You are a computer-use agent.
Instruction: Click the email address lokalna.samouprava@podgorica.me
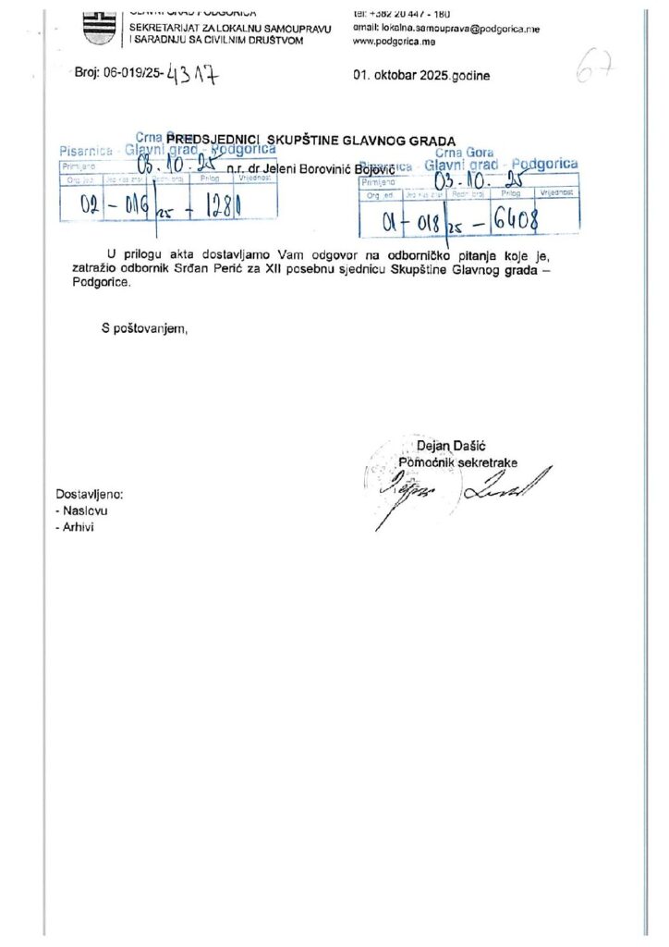pos(446,30)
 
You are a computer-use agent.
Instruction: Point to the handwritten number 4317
pos(195,76)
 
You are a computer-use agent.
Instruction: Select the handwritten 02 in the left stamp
pos(91,205)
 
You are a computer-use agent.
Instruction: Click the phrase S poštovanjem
pos(144,326)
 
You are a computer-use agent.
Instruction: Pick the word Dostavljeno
pos(89,494)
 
